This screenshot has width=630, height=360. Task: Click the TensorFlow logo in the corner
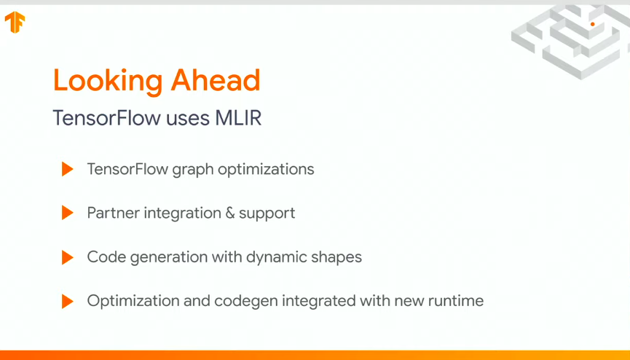click(x=15, y=22)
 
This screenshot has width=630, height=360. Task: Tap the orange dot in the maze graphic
click(x=592, y=24)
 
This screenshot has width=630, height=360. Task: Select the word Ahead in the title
click(x=216, y=80)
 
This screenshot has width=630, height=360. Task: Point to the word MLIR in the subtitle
click(x=238, y=118)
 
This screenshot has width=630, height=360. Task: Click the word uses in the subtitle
click(x=188, y=119)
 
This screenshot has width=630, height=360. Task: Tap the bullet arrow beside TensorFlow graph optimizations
click(x=68, y=169)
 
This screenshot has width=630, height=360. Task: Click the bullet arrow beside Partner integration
click(x=68, y=213)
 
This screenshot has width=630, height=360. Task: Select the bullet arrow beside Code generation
click(x=68, y=257)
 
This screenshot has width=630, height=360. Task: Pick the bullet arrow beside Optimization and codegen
click(x=68, y=301)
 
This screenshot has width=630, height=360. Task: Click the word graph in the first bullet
click(x=193, y=170)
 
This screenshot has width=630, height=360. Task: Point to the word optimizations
click(x=266, y=170)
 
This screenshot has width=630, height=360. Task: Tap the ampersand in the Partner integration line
click(x=230, y=213)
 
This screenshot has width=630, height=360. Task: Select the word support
click(x=267, y=214)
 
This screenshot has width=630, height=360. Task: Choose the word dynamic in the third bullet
click(x=270, y=258)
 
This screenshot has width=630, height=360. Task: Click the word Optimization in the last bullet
click(x=133, y=302)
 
